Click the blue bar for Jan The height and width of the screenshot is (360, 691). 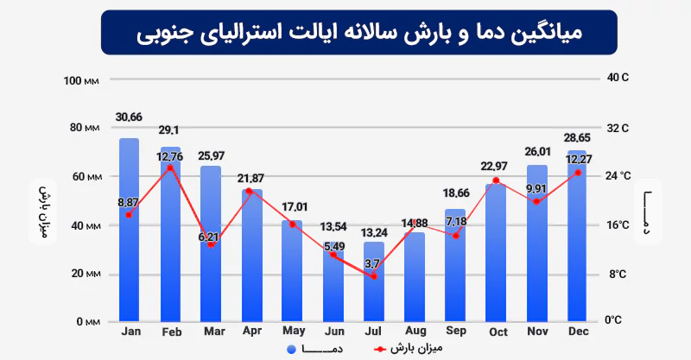[x=129, y=259]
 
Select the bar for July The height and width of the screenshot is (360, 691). [x=374, y=294]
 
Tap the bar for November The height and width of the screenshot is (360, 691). [x=537, y=259]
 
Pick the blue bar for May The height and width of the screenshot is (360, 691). [x=292, y=276]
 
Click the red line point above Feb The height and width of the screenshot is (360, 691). [x=170, y=167]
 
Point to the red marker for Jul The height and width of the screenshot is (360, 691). [x=374, y=276]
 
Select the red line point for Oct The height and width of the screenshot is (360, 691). [x=496, y=180]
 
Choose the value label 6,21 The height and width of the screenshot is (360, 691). [x=211, y=236]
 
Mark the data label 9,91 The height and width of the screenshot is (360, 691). [x=536, y=188]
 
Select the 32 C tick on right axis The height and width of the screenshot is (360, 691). [x=619, y=128]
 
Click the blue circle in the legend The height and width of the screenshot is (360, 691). [x=291, y=349]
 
